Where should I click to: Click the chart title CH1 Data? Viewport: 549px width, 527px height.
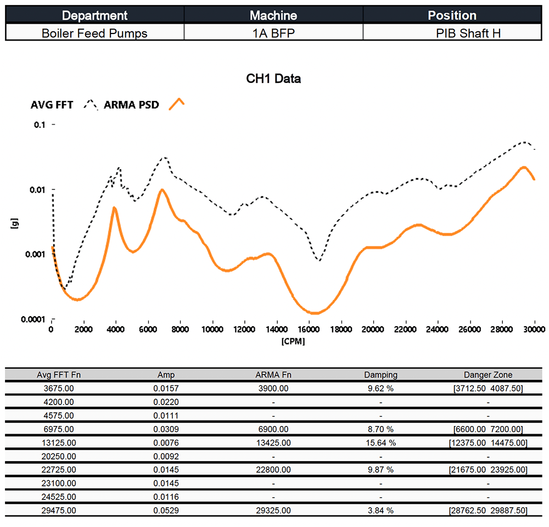pos(273,79)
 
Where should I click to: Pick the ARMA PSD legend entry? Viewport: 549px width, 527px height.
pos(131,105)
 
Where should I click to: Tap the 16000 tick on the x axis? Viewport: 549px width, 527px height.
pos(309,329)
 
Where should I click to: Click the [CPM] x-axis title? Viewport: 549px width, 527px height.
pos(293,341)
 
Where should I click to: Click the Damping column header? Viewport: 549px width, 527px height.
pos(380,375)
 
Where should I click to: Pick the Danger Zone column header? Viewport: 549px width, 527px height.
pos(488,375)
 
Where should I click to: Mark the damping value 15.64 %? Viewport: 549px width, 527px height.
pos(380,442)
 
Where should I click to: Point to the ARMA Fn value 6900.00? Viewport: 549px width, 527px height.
pos(273,429)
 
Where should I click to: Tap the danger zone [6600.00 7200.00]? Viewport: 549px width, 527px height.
pos(488,429)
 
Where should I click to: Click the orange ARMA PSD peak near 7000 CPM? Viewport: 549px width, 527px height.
pos(161,190)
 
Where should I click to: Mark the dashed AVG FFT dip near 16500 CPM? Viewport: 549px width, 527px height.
pos(318,260)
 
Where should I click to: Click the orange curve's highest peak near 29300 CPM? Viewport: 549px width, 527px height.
pos(524,167)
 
